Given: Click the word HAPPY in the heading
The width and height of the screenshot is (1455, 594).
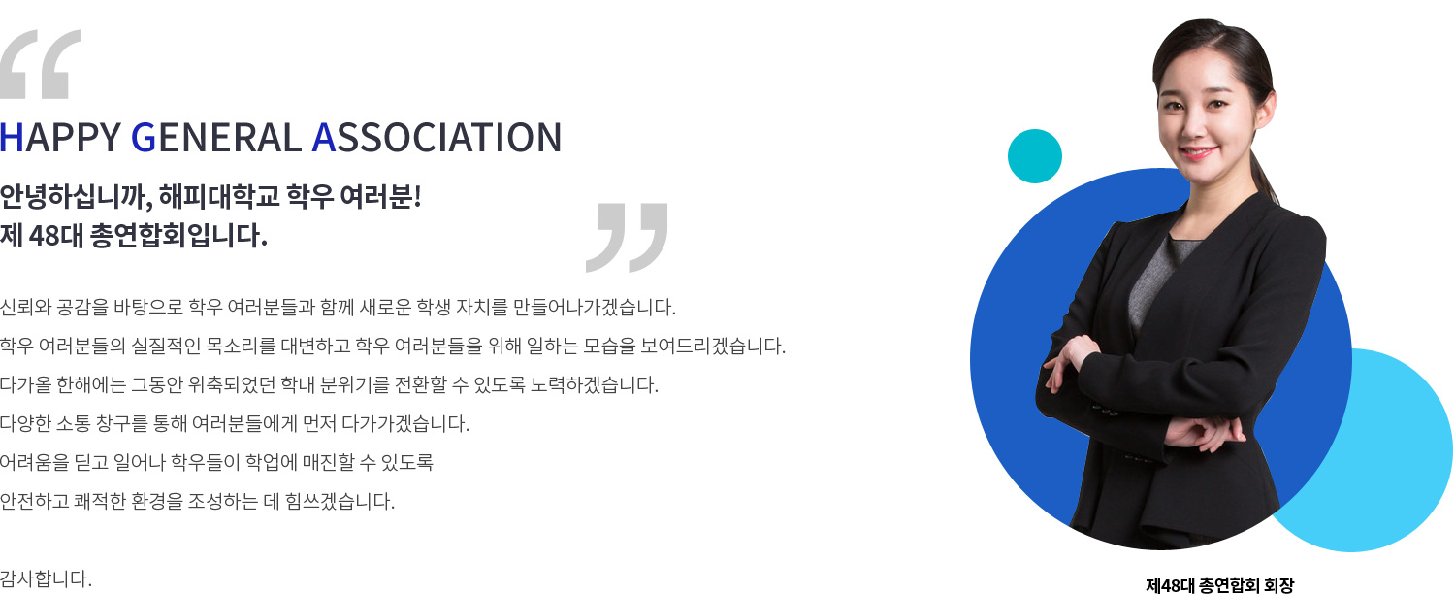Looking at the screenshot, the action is point(60,137).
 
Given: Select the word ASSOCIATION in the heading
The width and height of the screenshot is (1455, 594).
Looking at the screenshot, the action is point(436,137).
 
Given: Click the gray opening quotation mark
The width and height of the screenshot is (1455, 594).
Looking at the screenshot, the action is point(41,64).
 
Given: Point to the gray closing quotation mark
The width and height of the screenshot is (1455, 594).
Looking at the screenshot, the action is point(627,237).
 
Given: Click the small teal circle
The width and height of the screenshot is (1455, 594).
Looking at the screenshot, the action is point(1035,156).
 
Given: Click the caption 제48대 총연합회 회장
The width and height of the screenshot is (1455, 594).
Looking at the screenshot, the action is point(1220,585).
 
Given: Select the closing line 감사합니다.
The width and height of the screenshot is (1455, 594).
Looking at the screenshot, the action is point(47,578).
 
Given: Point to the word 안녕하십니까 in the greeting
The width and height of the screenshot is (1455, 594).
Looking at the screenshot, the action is point(77,196).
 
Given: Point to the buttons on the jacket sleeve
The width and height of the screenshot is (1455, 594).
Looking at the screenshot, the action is point(1104,411).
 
